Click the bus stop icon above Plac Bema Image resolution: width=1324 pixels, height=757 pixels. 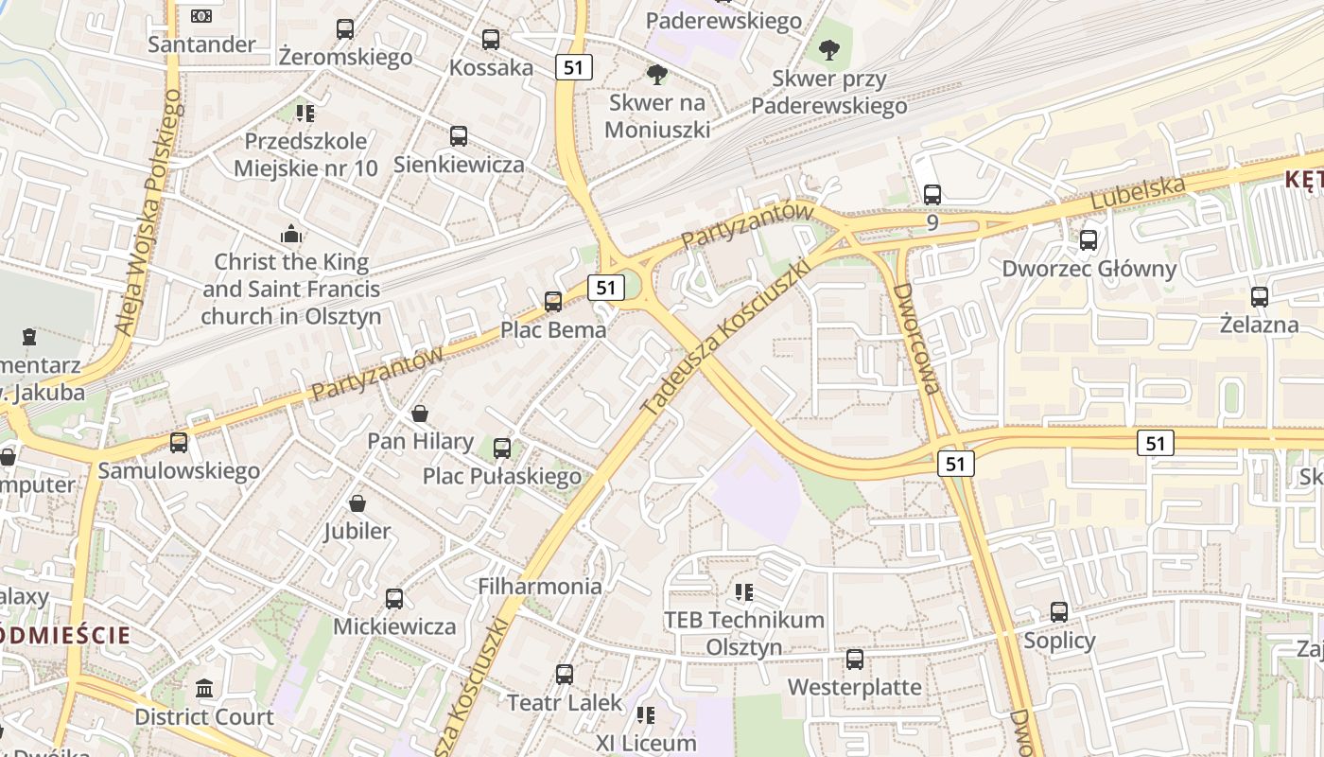pos(553,302)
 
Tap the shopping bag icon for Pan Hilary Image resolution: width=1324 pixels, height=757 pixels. pos(420,414)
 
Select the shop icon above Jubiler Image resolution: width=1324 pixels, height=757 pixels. pos(357,503)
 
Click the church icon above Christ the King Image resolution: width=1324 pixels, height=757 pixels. pos(291,233)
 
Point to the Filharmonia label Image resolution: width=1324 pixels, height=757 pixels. pos(540,586)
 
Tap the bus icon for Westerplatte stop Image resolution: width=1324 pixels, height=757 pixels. pos(855,659)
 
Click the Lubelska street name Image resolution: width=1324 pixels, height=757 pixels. pos(1137,193)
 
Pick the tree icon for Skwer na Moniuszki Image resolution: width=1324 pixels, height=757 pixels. pos(656,74)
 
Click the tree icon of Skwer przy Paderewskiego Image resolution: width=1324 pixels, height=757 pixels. pos(829,49)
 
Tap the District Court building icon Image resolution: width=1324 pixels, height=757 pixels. pos(204,688)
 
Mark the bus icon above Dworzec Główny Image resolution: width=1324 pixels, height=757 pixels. pos(1089,240)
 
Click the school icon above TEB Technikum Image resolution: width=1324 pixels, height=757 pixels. pos(744,592)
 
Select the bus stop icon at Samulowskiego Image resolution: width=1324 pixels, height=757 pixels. pos(179,442)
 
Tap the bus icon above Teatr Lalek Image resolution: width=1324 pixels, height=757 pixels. pos(565,674)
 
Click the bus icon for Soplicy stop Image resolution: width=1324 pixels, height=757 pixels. pos(1059,612)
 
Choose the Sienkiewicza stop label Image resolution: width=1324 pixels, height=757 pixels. pos(459,164)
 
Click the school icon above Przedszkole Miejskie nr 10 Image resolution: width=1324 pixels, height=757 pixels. pos(305,114)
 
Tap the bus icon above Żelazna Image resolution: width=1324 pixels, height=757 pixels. pos(1259,297)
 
